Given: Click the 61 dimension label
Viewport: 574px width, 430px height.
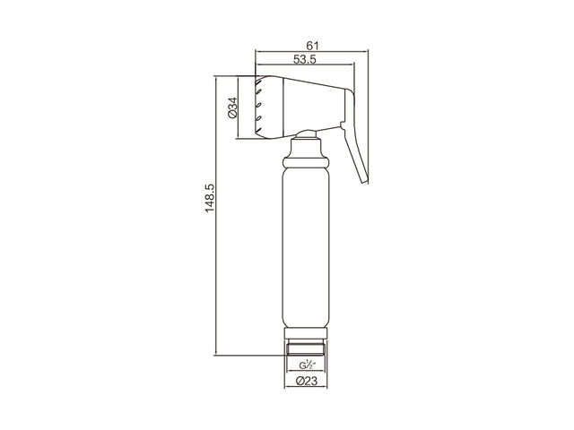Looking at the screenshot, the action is tap(312, 46).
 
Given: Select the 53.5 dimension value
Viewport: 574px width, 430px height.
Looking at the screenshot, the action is tap(304, 59).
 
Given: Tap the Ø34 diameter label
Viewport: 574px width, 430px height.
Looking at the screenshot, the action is tap(232, 107).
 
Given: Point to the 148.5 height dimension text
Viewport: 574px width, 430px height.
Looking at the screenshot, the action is tap(209, 198).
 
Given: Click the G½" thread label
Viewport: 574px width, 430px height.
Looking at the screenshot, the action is tap(307, 365).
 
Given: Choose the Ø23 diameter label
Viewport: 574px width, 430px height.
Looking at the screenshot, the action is tap(306, 381).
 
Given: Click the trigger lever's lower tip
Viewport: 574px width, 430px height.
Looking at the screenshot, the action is tap(365, 182).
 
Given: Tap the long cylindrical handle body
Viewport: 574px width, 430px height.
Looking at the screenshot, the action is tap(307, 249).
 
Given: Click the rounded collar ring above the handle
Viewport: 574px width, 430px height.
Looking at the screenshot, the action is tap(307, 162).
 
